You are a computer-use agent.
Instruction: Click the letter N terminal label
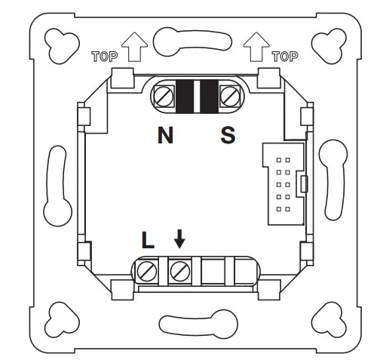click(x=165, y=135)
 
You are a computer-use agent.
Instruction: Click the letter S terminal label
click(x=228, y=135)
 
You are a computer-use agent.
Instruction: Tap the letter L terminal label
click(x=148, y=240)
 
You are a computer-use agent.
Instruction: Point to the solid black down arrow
click(x=179, y=238)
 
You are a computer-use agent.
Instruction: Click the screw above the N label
click(x=164, y=97)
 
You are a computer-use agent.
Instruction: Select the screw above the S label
click(x=230, y=97)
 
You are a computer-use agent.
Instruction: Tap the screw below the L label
click(x=147, y=272)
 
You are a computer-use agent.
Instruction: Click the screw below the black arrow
click(x=180, y=272)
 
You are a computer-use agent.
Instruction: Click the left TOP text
click(x=104, y=57)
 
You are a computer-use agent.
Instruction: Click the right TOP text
click(x=285, y=57)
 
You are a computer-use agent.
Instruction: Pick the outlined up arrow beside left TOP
click(x=134, y=47)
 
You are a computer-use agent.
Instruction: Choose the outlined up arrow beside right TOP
click(x=256, y=47)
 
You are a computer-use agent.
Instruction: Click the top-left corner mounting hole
click(x=61, y=45)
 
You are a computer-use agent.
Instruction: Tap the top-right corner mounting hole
click(x=329, y=45)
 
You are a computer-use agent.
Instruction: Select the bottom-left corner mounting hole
click(x=61, y=319)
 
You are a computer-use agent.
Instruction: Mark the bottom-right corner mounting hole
click(x=329, y=319)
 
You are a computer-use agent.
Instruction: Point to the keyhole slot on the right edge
click(x=334, y=180)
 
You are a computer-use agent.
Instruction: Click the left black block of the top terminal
click(x=185, y=97)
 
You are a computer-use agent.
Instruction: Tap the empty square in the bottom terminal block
click(x=213, y=272)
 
